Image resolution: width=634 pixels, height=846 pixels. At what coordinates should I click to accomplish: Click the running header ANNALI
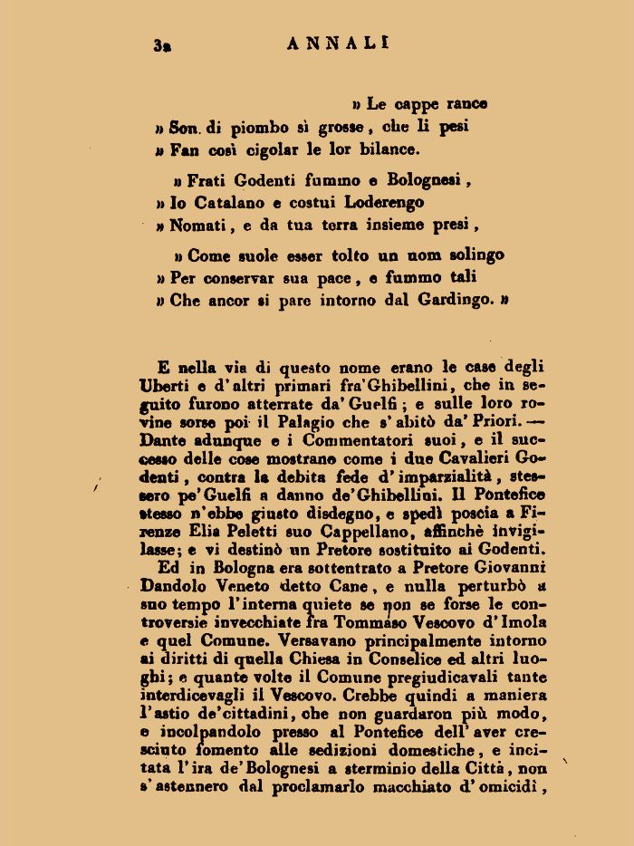click(338, 42)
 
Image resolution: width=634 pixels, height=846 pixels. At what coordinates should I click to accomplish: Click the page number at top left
click(163, 44)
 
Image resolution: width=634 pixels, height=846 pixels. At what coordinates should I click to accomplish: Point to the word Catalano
click(226, 202)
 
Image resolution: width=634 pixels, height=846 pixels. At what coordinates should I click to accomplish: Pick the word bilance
click(386, 149)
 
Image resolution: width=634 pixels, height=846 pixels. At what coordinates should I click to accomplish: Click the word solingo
click(467, 255)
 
